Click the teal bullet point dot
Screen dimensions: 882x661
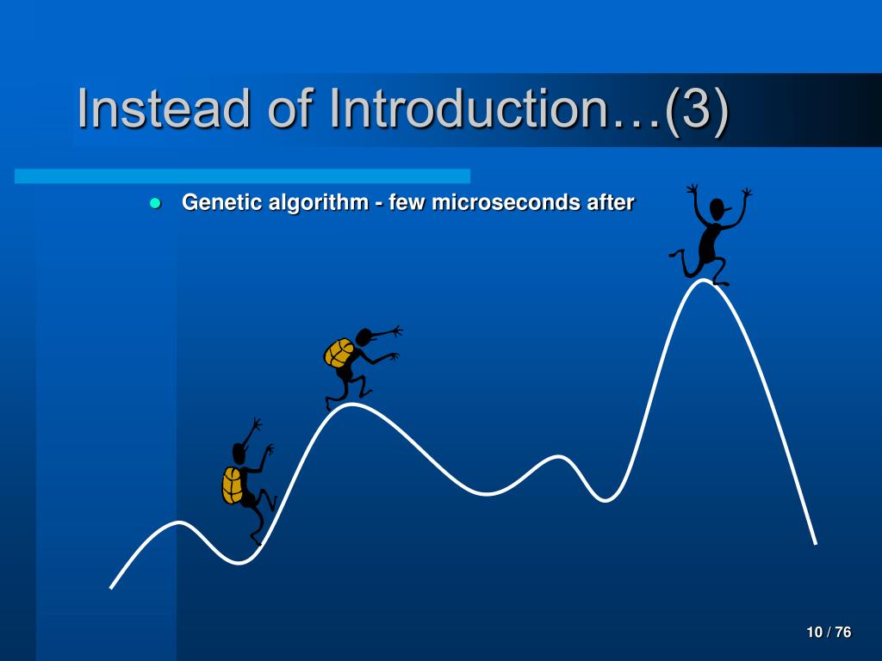tap(155, 203)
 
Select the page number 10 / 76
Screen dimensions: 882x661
tap(829, 633)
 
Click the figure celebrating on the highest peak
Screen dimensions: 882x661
tap(710, 235)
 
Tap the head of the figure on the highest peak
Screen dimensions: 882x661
tap(717, 210)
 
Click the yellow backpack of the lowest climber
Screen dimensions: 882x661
tap(232, 485)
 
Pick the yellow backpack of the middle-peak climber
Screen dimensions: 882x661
tap(339, 353)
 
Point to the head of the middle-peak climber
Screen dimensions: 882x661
tap(364, 337)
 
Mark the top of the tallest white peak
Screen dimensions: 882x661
tap(703, 281)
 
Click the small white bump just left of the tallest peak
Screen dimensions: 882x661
tap(558, 458)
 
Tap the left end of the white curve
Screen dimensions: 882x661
tap(111, 588)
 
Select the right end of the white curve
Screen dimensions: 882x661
tap(816, 544)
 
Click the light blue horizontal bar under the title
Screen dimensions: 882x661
tap(242, 176)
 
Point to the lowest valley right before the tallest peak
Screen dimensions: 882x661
tap(606, 499)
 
